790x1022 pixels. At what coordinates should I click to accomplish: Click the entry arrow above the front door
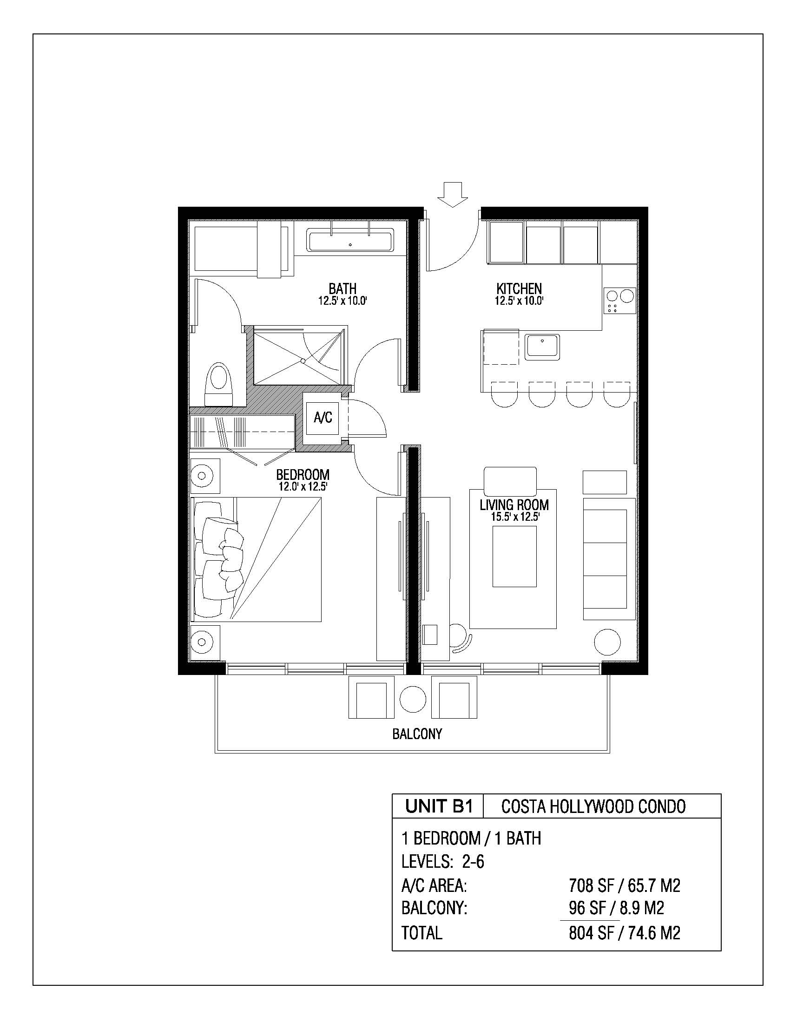click(452, 194)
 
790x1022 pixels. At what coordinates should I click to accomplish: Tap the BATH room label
click(342, 288)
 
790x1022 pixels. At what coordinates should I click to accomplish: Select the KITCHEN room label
click(519, 288)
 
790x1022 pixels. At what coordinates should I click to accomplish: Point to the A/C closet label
click(323, 417)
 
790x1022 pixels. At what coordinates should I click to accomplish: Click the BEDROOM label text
click(303, 475)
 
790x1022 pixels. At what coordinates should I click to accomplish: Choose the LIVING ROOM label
click(514, 505)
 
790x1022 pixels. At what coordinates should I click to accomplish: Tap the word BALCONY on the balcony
click(417, 734)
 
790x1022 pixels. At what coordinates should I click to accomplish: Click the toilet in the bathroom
click(218, 384)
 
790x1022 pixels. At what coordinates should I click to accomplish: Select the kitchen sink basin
click(542, 347)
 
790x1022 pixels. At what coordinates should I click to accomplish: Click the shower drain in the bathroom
click(303, 361)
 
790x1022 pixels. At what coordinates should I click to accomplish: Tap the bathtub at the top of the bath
click(350, 242)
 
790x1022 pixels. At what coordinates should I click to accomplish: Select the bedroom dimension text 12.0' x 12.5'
click(303, 487)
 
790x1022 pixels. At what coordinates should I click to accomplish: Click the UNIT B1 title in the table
click(439, 806)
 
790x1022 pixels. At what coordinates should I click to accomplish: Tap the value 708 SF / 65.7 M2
click(624, 885)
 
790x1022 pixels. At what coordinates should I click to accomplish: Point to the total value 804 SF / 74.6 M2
click(624, 933)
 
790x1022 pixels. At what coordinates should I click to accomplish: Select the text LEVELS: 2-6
click(443, 861)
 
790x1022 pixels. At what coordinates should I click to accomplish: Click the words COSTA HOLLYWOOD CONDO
click(593, 806)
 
